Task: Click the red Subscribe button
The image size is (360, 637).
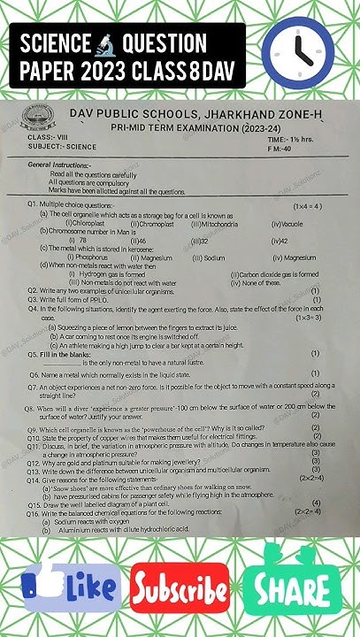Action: (x=180, y=587)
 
